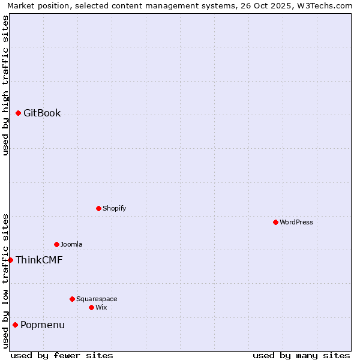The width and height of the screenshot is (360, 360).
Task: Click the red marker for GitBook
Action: click(18, 113)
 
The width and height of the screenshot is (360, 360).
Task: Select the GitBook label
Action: click(42, 113)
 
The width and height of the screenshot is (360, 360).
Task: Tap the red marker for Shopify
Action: click(98, 208)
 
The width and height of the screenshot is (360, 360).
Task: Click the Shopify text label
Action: click(114, 209)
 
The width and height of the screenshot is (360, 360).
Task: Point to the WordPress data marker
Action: click(275, 222)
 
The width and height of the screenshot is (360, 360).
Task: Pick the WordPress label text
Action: click(296, 223)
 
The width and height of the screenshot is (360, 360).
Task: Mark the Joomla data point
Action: click(56, 244)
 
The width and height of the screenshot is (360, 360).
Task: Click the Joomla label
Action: click(71, 245)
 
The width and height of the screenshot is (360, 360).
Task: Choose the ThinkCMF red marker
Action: click(10, 260)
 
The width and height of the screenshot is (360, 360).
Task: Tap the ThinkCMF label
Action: click(39, 260)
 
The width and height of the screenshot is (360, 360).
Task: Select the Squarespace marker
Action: click(72, 299)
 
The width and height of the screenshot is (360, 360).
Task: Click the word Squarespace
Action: click(97, 299)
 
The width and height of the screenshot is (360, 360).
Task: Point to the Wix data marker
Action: click(91, 307)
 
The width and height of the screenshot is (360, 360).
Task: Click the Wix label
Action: click(101, 308)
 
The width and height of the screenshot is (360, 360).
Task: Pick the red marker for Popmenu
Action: click(15, 325)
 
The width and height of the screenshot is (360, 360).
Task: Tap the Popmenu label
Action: click(43, 325)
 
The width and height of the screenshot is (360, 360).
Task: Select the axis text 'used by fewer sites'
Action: click(62, 355)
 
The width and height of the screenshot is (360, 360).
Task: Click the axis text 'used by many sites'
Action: click(301, 355)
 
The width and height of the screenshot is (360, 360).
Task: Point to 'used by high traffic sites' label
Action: click(5, 85)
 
